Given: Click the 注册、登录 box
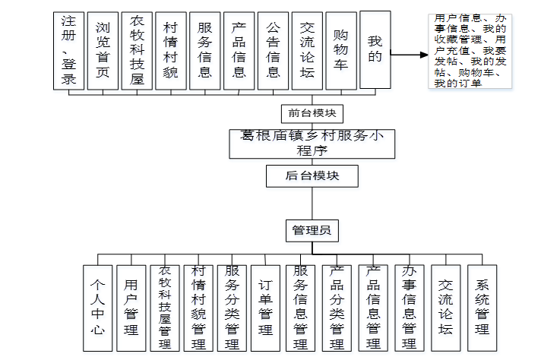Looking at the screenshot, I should (68, 51).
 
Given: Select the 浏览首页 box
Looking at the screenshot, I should (103, 51).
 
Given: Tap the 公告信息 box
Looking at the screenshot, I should (273, 51).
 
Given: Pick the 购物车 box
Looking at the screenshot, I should (341, 51).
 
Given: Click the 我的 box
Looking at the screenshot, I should (375, 49).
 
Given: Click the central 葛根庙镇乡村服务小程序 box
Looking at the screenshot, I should (312, 143).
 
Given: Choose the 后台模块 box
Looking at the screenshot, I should (312, 176).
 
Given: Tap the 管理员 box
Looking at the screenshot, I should (312, 230).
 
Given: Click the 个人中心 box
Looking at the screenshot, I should (98, 308).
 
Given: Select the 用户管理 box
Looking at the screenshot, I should (131, 308).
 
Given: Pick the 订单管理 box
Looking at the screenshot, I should (265, 308).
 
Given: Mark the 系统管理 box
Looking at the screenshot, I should (482, 308).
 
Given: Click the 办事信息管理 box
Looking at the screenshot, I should (409, 308).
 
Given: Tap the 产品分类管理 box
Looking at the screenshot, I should (337, 308).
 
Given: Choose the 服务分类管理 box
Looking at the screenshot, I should (232, 308).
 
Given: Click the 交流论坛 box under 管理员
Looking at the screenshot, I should (445, 308).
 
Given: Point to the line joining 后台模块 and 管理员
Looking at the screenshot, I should (312, 204).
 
